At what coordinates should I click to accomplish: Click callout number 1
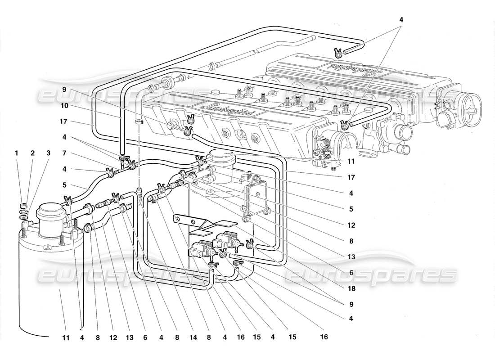[17, 153]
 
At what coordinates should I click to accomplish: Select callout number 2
[32, 153]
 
